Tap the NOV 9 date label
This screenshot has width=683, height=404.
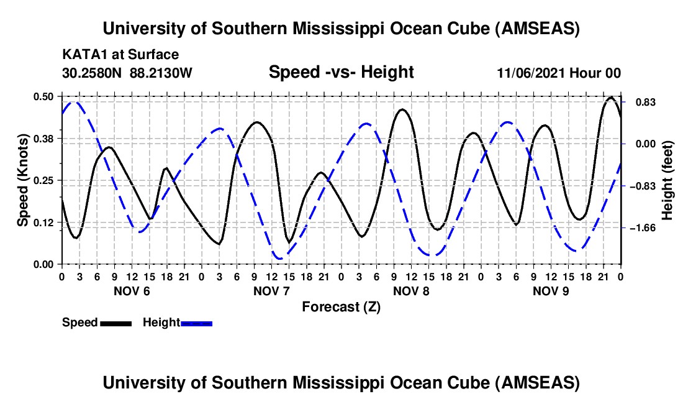551,291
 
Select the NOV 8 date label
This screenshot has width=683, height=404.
411,291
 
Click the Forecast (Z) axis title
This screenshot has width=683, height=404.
341,306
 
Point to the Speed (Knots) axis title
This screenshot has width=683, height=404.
23,180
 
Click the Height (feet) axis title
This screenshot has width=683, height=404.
667,180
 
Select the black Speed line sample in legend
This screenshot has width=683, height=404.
115,323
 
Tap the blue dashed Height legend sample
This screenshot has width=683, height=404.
196,323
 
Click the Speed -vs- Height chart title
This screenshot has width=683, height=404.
341,73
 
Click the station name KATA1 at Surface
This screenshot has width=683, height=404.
120,55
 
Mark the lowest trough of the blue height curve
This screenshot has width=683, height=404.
280,258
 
